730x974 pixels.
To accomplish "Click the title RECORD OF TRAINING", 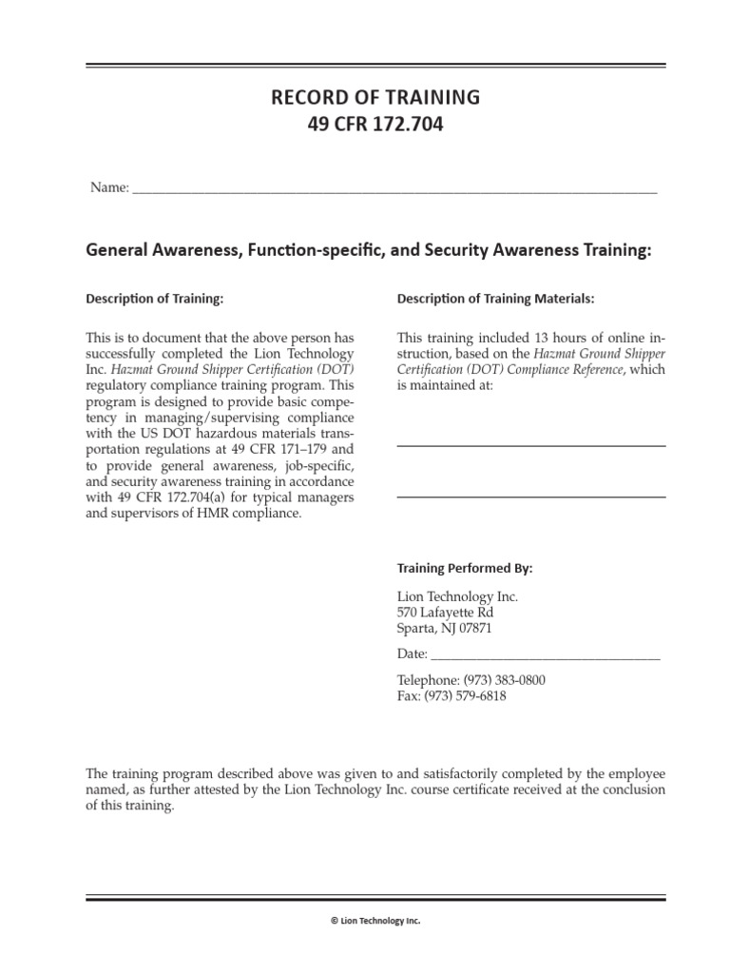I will click(375, 97).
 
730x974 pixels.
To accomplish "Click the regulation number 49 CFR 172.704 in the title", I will click(375, 125).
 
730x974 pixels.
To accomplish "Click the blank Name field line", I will click(394, 191).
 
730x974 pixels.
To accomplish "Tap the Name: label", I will click(109, 187).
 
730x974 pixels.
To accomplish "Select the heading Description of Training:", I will click(155, 299).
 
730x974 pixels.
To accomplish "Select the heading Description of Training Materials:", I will click(495, 299).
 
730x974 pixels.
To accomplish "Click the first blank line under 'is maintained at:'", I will click(530, 445).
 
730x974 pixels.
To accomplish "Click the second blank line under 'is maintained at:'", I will click(530, 496).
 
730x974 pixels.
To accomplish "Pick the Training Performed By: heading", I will click(464, 569).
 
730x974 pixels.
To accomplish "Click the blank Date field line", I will click(546, 657).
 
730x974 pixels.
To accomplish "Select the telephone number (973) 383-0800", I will click(504, 680).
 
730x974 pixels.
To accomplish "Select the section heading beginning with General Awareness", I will click(369, 249).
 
